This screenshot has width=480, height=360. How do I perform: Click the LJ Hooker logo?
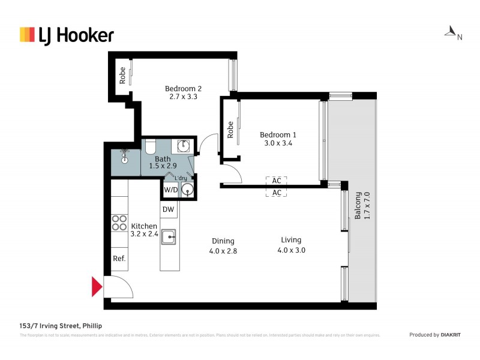tap(66, 35)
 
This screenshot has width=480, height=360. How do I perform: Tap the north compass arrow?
tap(450, 31)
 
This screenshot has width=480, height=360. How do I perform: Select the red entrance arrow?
tap(97, 287)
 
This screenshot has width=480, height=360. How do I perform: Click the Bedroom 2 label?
tap(183, 89)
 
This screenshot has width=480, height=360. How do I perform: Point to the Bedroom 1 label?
tap(278, 135)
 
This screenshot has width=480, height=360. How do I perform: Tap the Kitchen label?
tap(144, 226)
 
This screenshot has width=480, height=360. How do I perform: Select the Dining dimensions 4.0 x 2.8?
tap(223, 251)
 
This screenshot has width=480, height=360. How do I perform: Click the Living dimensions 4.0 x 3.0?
tap(291, 250)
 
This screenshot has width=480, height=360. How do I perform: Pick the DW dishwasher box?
tap(169, 209)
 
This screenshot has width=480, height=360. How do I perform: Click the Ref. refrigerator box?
tap(119, 259)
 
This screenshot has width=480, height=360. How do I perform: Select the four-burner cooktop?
tap(119, 223)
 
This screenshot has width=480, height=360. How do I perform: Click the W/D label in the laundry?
tap(171, 190)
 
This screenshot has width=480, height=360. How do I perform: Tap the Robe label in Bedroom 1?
tap(230, 130)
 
